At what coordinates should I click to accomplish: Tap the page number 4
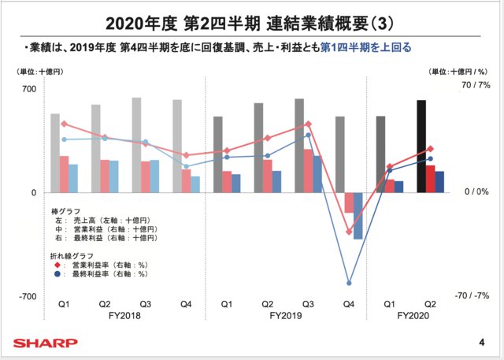(481, 343)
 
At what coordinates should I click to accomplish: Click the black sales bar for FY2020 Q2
(421, 147)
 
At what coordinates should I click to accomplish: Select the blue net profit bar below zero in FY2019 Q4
(358, 216)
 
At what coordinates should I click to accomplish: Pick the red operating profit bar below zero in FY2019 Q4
(349, 202)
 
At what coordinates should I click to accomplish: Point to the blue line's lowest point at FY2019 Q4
(349, 283)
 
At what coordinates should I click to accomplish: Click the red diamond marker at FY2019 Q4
(349, 232)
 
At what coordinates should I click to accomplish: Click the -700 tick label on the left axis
(28, 296)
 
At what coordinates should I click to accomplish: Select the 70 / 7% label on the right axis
(475, 85)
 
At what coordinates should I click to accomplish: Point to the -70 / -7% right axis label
(472, 296)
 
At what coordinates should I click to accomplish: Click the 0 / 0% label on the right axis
(474, 192)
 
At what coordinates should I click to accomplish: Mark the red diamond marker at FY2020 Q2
(430, 150)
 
